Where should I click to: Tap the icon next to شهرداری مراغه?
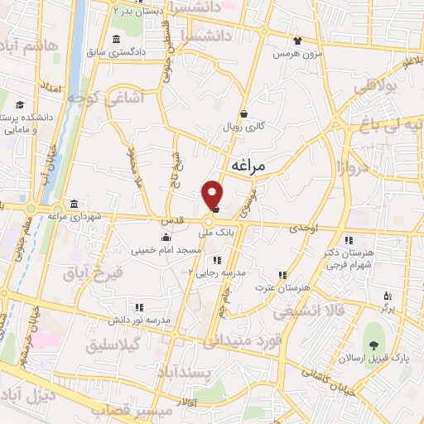[x=75, y=205]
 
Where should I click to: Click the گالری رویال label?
[x=243, y=127]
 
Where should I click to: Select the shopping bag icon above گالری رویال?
[x=243, y=113]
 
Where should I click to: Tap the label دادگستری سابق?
[x=145, y=52]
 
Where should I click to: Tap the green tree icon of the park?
[x=374, y=344]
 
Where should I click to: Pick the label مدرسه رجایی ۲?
[x=214, y=271]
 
